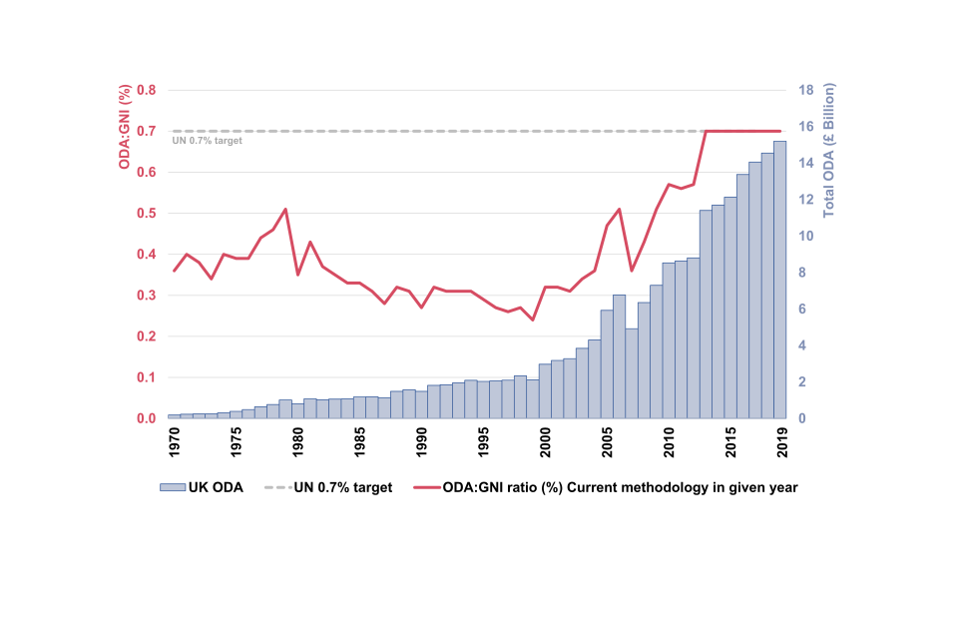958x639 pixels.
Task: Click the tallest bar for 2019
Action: click(779, 280)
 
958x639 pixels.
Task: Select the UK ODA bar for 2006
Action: click(620, 356)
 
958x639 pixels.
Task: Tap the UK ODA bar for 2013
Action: click(706, 315)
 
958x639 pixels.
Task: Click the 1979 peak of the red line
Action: click(285, 209)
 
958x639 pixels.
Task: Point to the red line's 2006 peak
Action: click(620, 209)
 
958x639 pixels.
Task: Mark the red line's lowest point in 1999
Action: click(533, 319)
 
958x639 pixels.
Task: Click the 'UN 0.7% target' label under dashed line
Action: click(207, 141)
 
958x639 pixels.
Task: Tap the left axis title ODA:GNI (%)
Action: click(125, 127)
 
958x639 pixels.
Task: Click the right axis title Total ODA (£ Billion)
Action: click(828, 151)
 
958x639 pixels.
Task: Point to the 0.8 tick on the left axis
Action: click(147, 90)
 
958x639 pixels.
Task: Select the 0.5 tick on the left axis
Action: click(147, 214)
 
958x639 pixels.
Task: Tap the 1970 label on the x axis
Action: click(175, 440)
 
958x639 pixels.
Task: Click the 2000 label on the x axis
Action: click(546, 440)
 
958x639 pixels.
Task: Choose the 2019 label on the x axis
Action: click(780, 440)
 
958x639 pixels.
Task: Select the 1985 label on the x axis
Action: click(360, 440)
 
